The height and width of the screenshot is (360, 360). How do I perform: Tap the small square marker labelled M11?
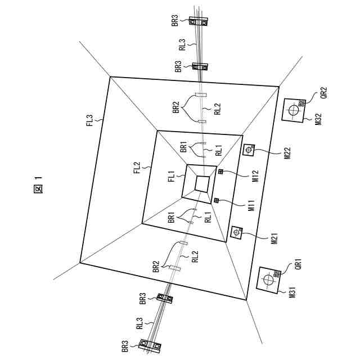tap(217, 201)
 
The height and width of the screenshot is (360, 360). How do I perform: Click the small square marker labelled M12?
tap(220, 172)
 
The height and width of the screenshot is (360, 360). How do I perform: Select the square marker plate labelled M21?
tap(237, 232)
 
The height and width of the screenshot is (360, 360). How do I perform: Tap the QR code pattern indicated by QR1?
tap(276, 275)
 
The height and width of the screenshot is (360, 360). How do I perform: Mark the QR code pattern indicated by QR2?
tap(301, 103)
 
